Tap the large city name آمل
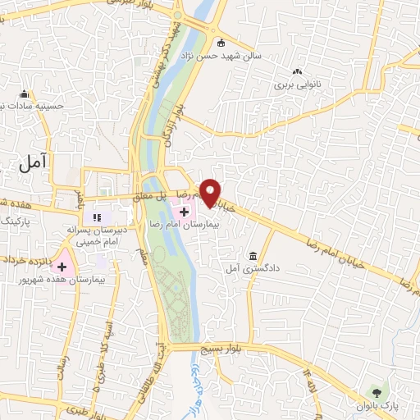pyautogui.click(x=33, y=162)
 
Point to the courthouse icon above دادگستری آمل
pyautogui.click(x=251, y=255)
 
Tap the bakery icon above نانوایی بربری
pyautogui.click(x=297, y=71)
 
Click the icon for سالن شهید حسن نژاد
pyautogui.click(x=220, y=43)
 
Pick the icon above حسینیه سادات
pyautogui.click(x=25, y=93)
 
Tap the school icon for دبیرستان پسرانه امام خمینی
pyautogui.click(x=96, y=218)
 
